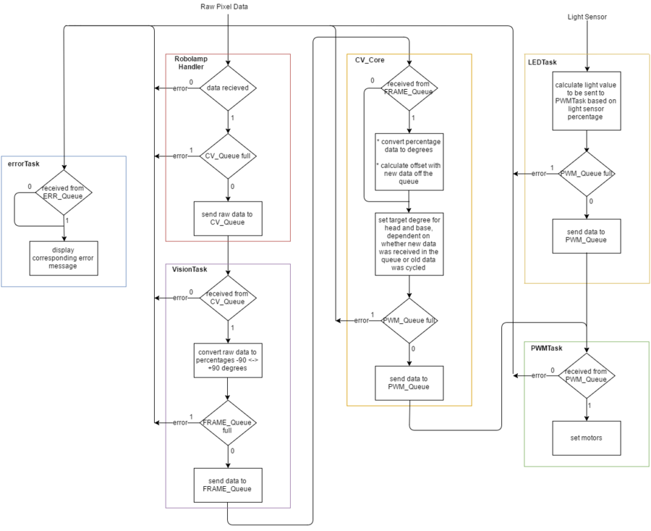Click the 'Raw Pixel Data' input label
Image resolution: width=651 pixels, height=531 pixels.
(x=224, y=7)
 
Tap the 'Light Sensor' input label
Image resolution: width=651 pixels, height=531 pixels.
(x=587, y=17)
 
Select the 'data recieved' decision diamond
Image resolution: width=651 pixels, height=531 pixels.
(x=228, y=88)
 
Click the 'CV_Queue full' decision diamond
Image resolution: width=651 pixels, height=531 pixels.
(x=228, y=156)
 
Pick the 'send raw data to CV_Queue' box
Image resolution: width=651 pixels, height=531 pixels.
(x=228, y=219)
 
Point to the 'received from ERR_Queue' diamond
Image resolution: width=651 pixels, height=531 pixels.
(x=64, y=193)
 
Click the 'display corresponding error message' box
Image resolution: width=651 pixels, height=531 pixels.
(x=64, y=258)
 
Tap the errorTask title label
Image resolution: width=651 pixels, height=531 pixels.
(x=24, y=164)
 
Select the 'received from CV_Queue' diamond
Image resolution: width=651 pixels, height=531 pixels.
(x=228, y=298)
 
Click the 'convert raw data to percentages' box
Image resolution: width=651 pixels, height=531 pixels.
(x=228, y=361)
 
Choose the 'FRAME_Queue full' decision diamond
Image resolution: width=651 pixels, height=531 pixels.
(x=228, y=423)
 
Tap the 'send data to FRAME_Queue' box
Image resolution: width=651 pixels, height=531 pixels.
(x=228, y=485)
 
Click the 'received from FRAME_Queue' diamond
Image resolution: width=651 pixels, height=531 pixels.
(x=409, y=88)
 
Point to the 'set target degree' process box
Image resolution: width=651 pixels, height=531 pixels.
(x=409, y=244)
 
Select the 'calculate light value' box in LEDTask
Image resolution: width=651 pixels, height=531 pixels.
(x=587, y=101)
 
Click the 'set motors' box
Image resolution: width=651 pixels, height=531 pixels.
(x=587, y=438)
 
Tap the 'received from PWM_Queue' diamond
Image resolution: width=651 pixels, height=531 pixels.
(x=587, y=376)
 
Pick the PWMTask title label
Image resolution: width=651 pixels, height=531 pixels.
(x=546, y=348)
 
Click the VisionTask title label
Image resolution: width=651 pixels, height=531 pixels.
(x=190, y=269)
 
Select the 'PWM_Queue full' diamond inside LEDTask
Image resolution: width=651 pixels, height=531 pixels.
(x=587, y=174)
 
